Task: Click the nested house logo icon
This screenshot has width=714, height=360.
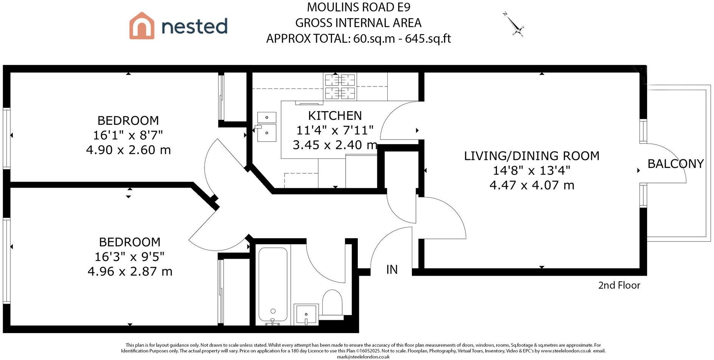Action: click(142, 25)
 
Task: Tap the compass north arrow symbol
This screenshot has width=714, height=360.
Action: click(514, 25)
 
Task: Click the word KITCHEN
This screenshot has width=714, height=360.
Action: click(335, 115)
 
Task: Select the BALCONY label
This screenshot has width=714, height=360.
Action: click(675, 164)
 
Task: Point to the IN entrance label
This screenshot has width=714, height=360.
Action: click(392, 270)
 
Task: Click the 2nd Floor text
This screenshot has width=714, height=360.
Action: click(619, 285)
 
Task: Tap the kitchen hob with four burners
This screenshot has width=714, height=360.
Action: click(340, 86)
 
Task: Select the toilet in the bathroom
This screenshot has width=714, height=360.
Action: click(332, 303)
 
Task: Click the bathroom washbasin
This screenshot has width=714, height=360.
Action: click(306, 314)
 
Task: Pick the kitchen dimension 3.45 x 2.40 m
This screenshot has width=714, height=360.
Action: click(335, 145)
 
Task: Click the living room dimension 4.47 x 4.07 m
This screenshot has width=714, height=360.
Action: click(532, 185)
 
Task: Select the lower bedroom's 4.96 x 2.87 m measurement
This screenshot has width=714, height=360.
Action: click(130, 272)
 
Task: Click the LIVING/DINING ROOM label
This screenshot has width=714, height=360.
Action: click(531, 156)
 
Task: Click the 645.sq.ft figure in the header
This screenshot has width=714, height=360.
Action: click(428, 39)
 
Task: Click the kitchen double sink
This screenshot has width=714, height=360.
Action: click(267, 127)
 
